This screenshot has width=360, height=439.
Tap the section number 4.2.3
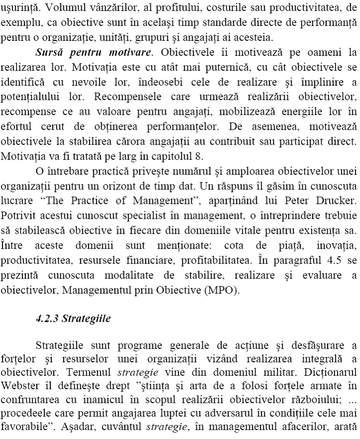[47, 319]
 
